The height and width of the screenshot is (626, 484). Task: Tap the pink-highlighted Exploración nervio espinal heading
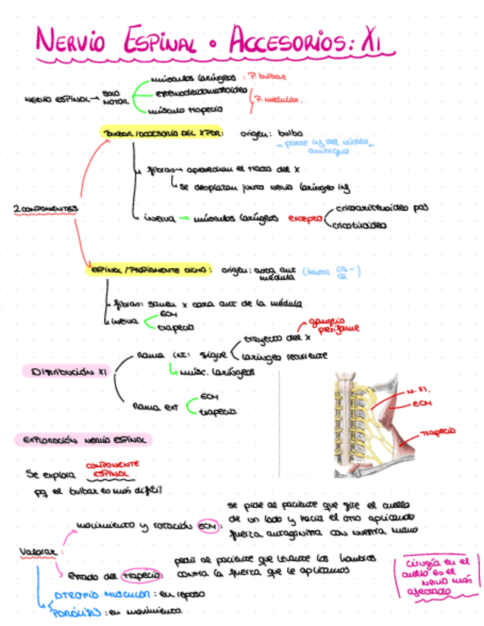point(83,440)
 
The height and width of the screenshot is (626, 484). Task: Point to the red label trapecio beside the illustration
point(438,430)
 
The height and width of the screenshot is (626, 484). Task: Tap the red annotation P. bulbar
point(267,75)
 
